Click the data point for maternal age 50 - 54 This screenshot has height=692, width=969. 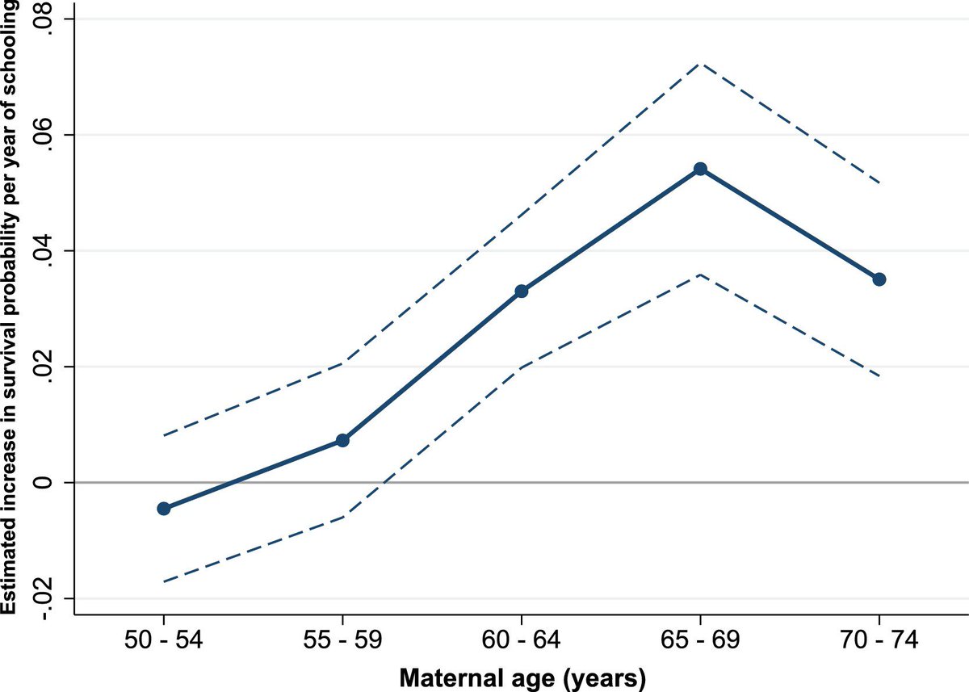point(164,508)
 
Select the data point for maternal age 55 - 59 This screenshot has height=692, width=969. point(342,440)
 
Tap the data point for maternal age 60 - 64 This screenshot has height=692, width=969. point(522,291)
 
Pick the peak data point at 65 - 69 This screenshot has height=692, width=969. point(700,169)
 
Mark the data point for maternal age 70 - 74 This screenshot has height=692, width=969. point(879,279)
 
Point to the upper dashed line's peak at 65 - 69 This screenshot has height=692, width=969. point(700,63)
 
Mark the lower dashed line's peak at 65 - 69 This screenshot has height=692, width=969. point(700,275)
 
